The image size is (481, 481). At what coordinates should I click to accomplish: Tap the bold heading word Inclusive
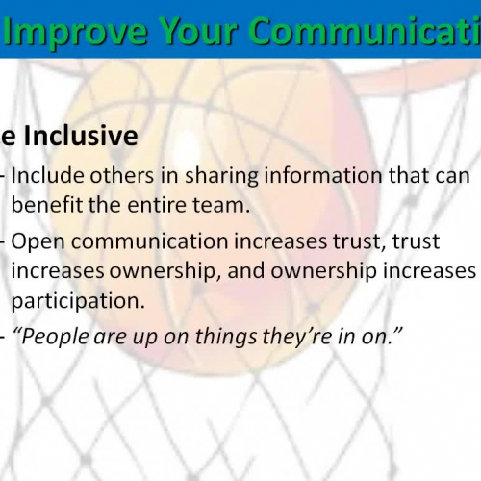coord(82,137)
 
